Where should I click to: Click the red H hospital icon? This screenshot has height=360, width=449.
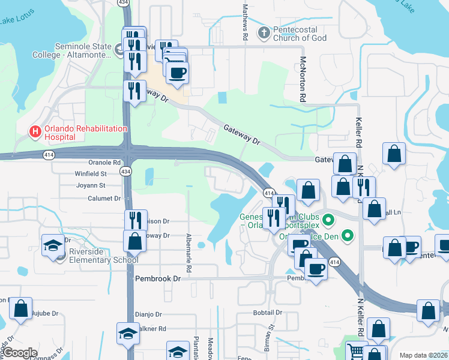pyautogui.click(x=35, y=130)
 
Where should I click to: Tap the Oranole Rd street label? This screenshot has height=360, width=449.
pyautogui.click(x=104, y=162)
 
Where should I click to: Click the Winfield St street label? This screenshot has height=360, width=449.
pyautogui.click(x=90, y=174)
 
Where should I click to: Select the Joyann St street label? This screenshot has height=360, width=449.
pyautogui.click(x=90, y=185)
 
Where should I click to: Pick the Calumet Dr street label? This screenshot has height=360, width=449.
pyautogui.click(x=104, y=198)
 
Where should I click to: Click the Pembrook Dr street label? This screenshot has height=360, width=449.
pyautogui.click(x=157, y=279)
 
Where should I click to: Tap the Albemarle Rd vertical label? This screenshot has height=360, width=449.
pyautogui.click(x=188, y=245)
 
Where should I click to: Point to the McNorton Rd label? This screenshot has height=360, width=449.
pyautogui.click(x=304, y=82)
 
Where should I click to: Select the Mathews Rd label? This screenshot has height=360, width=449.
pyautogui.click(x=245, y=22)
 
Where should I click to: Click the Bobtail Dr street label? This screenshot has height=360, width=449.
pyautogui.click(x=267, y=313)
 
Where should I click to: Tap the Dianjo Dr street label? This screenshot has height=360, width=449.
pyautogui.click(x=148, y=314)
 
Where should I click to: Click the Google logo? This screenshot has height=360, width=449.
pyautogui.click(x=20, y=353)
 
